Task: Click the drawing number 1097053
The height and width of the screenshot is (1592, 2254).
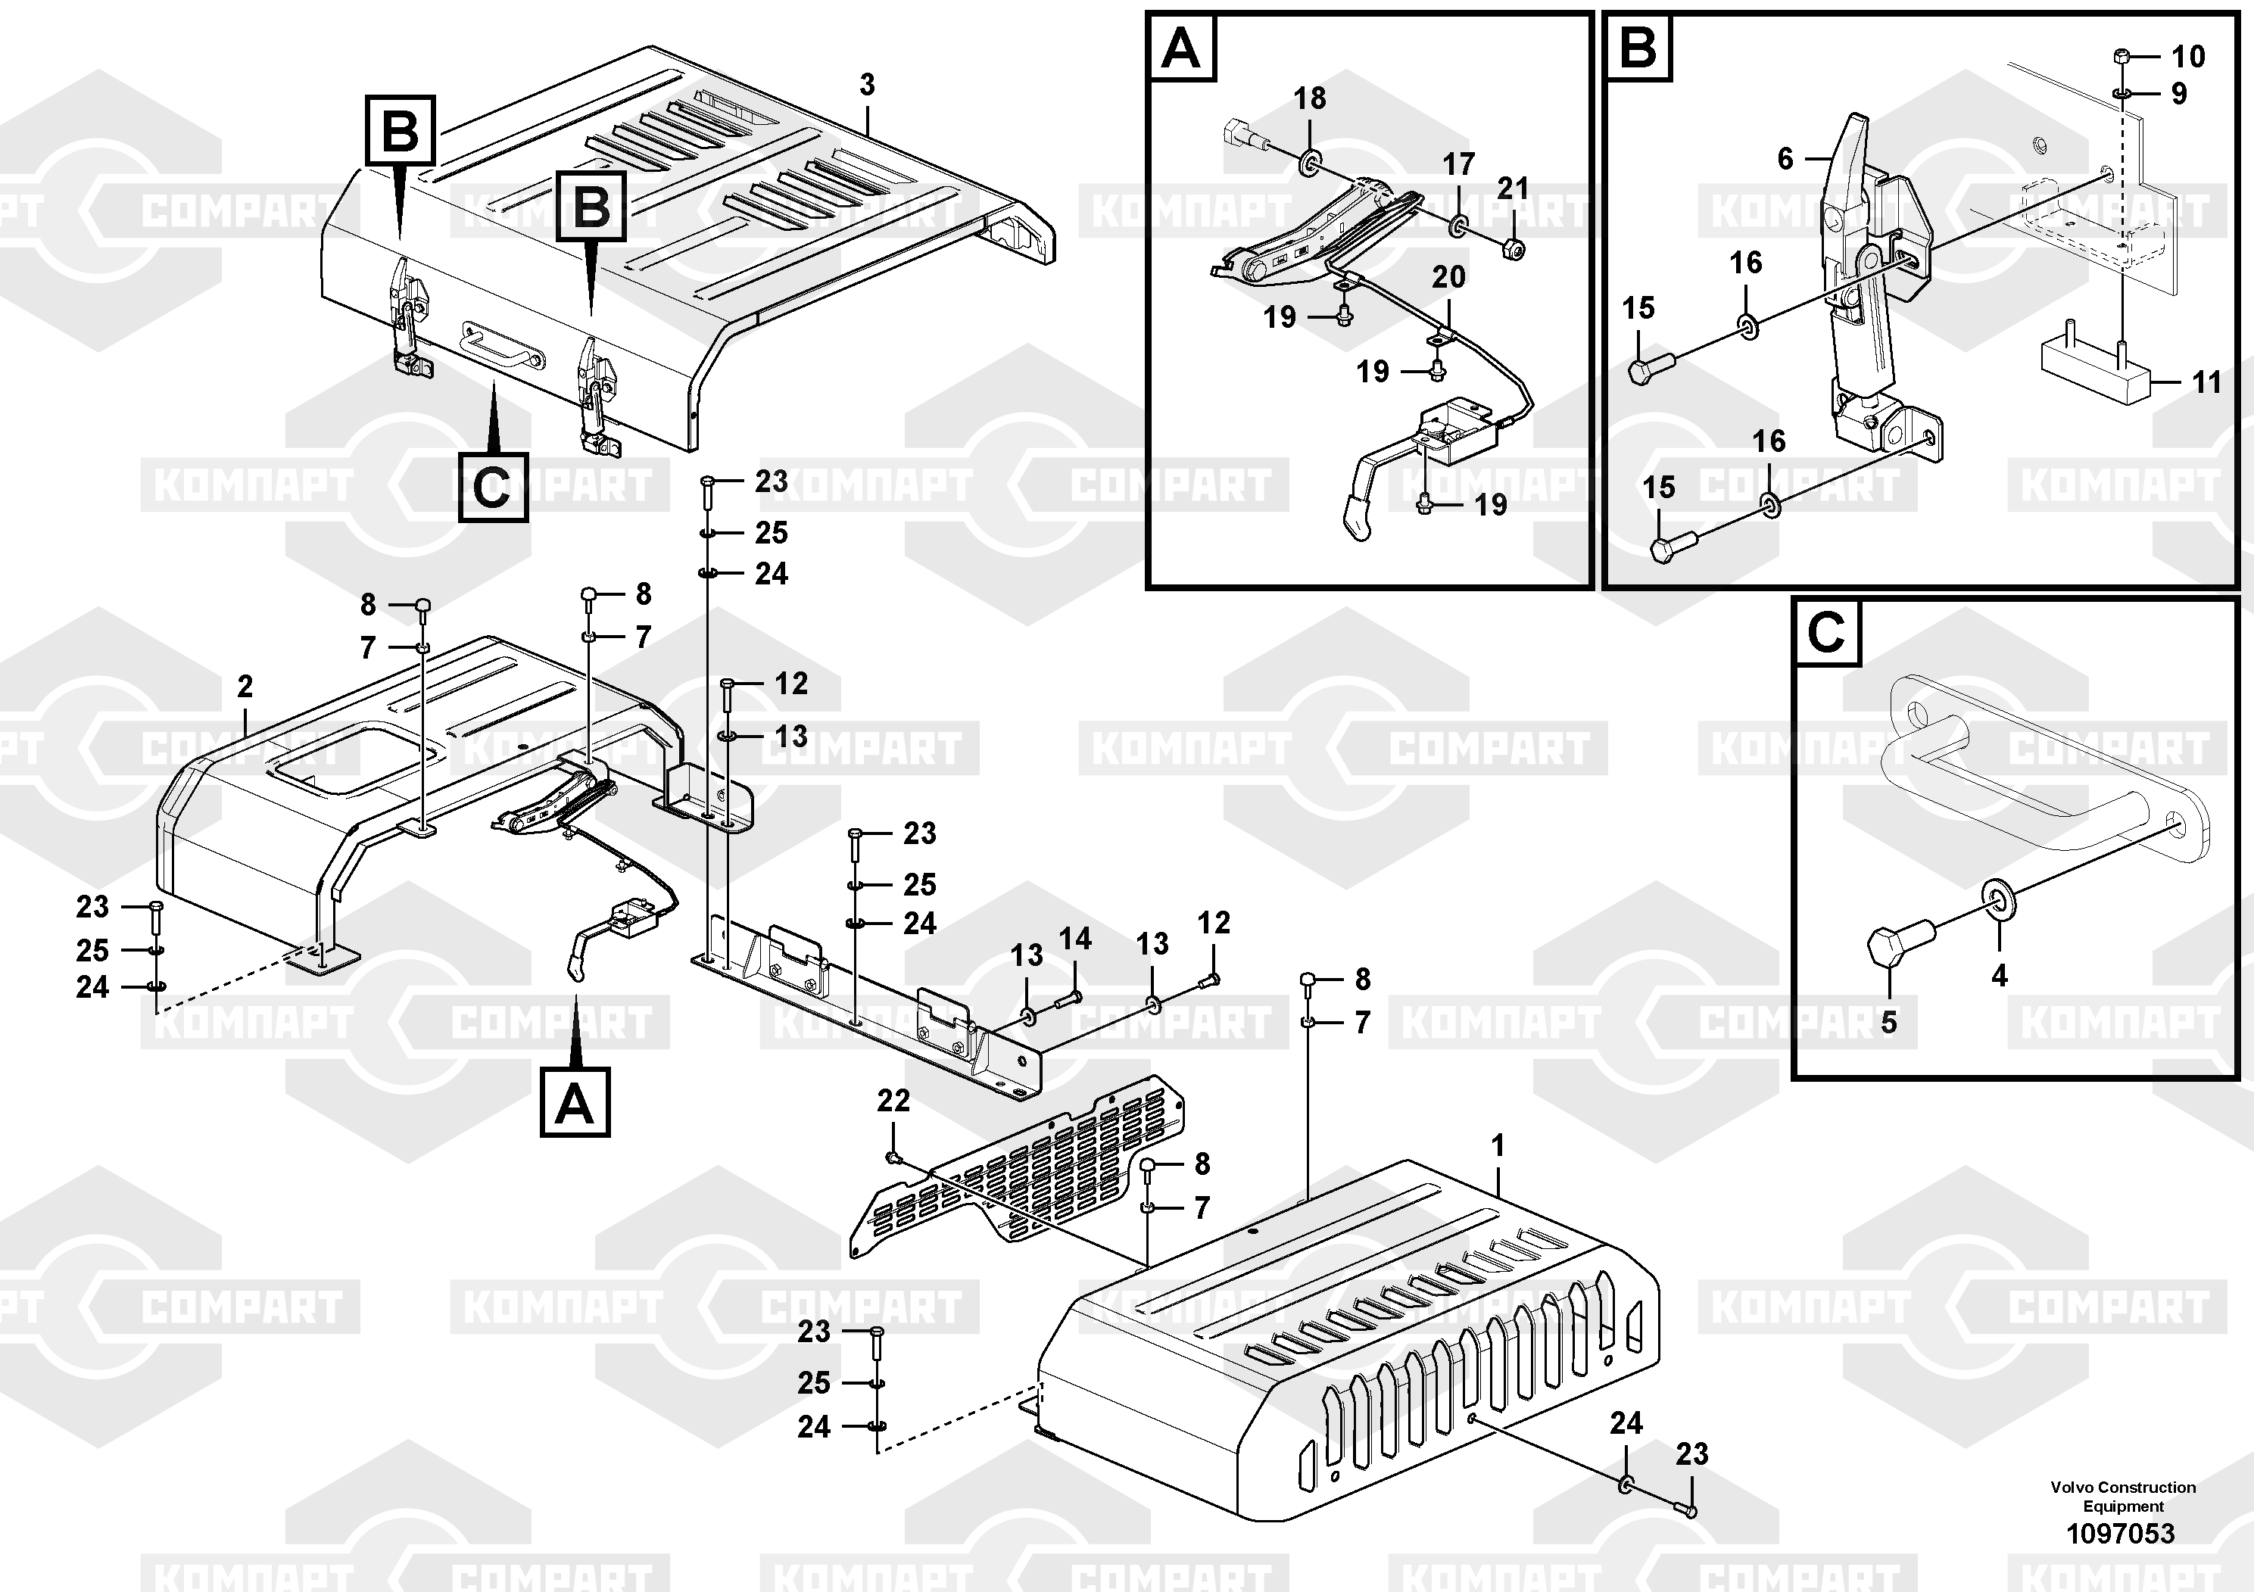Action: point(2121,1533)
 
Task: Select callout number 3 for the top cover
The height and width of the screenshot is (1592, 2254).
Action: point(867,86)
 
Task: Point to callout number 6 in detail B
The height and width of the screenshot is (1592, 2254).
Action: point(1785,158)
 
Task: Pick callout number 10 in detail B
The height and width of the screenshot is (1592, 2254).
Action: point(2188,56)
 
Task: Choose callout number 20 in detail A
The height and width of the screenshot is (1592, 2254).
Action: point(1448,277)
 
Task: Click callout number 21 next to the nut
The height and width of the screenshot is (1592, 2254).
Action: point(1513,188)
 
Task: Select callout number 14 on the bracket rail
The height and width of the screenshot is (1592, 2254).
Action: point(1075,939)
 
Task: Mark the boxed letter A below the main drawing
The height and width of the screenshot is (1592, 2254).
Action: point(575,1101)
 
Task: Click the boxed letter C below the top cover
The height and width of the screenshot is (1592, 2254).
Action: point(491,487)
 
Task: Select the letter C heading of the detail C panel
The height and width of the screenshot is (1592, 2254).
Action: point(1826,632)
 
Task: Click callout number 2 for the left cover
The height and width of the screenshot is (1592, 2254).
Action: point(245,686)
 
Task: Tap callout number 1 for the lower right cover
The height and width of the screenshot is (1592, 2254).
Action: point(1497,1145)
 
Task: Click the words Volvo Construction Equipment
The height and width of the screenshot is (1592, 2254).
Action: point(2122,1496)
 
